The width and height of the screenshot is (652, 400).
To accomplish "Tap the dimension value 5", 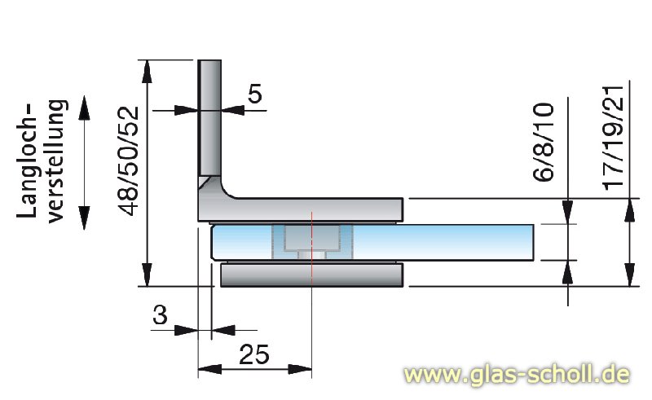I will [x=254, y=95].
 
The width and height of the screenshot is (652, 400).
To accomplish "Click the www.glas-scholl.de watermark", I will [x=518, y=376].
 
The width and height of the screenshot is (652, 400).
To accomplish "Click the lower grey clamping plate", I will [x=312, y=275].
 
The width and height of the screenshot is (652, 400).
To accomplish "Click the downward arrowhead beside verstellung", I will [x=84, y=219].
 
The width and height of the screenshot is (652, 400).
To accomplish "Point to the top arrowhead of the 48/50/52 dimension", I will [x=148, y=68].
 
